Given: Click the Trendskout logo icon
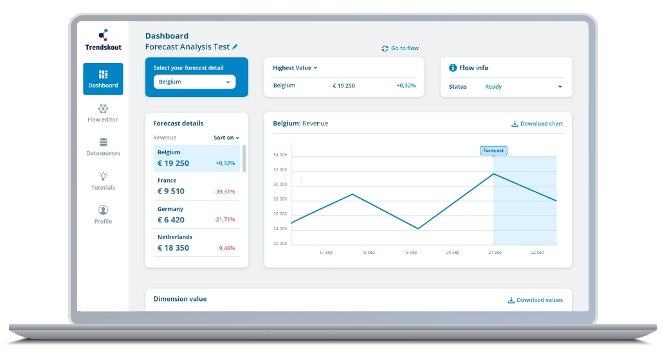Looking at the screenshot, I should pyautogui.click(x=103, y=35).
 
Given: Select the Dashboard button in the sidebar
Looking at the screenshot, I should pyautogui.click(x=103, y=78).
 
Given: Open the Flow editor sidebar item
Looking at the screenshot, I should pyautogui.click(x=103, y=113).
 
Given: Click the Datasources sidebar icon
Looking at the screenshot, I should pyautogui.click(x=103, y=142).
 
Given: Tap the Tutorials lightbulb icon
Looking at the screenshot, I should pyautogui.click(x=103, y=175).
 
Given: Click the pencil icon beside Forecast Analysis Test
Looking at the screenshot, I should pyautogui.click(x=235, y=47).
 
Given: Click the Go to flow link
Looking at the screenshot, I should pyautogui.click(x=400, y=48).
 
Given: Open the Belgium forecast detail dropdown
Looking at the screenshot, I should pyautogui.click(x=194, y=82).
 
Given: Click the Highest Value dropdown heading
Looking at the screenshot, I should pyautogui.click(x=295, y=67).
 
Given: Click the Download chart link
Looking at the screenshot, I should pyautogui.click(x=537, y=123).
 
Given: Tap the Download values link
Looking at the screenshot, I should pyautogui.click(x=535, y=300).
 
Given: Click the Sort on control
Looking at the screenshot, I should pyautogui.click(x=226, y=138).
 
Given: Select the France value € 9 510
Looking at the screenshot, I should pyautogui.click(x=171, y=191).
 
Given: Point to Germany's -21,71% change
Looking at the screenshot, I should pyautogui.click(x=225, y=220).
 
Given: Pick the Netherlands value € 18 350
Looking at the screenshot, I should pyautogui.click(x=173, y=248).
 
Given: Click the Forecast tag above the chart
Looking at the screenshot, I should pyautogui.click(x=493, y=150).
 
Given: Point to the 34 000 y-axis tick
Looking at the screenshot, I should pyautogui.click(x=280, y=155).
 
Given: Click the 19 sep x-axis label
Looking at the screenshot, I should pyautogui.click(x=410, y=253).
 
